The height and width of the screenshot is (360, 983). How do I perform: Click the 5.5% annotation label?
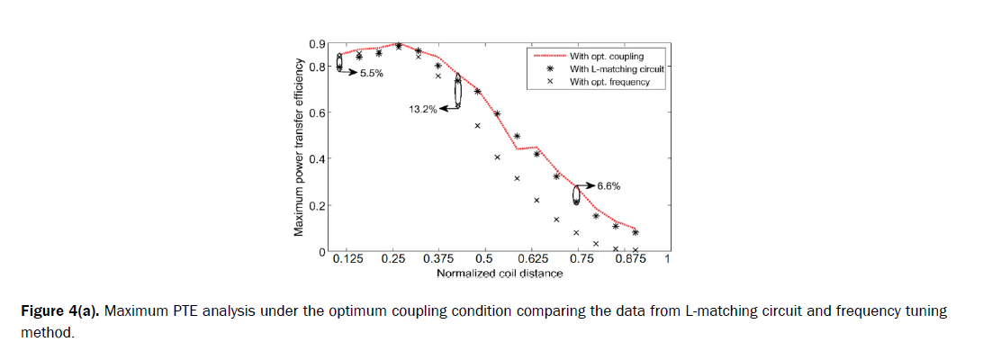click(x=372, y=73)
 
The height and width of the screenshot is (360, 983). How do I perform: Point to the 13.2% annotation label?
click(x=422, y=109)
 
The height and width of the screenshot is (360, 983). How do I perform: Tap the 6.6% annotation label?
click(x=609, y=186)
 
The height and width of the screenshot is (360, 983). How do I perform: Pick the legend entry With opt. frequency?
click(x=609, y=82)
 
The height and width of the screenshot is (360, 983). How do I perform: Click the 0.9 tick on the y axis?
click(x=317, y=44)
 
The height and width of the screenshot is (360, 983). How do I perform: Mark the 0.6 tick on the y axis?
click(x=317, y=113)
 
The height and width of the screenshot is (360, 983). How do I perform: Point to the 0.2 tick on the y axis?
click(x=317, y=206)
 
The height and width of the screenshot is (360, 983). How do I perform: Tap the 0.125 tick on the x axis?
click(x=347, y=260)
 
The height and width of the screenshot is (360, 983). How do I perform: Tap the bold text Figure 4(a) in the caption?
click(x=59, y=311)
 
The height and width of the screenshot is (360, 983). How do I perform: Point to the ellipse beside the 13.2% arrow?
click(x=457, y=92)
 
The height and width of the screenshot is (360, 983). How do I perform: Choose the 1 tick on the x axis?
click(x=667, y=260)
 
